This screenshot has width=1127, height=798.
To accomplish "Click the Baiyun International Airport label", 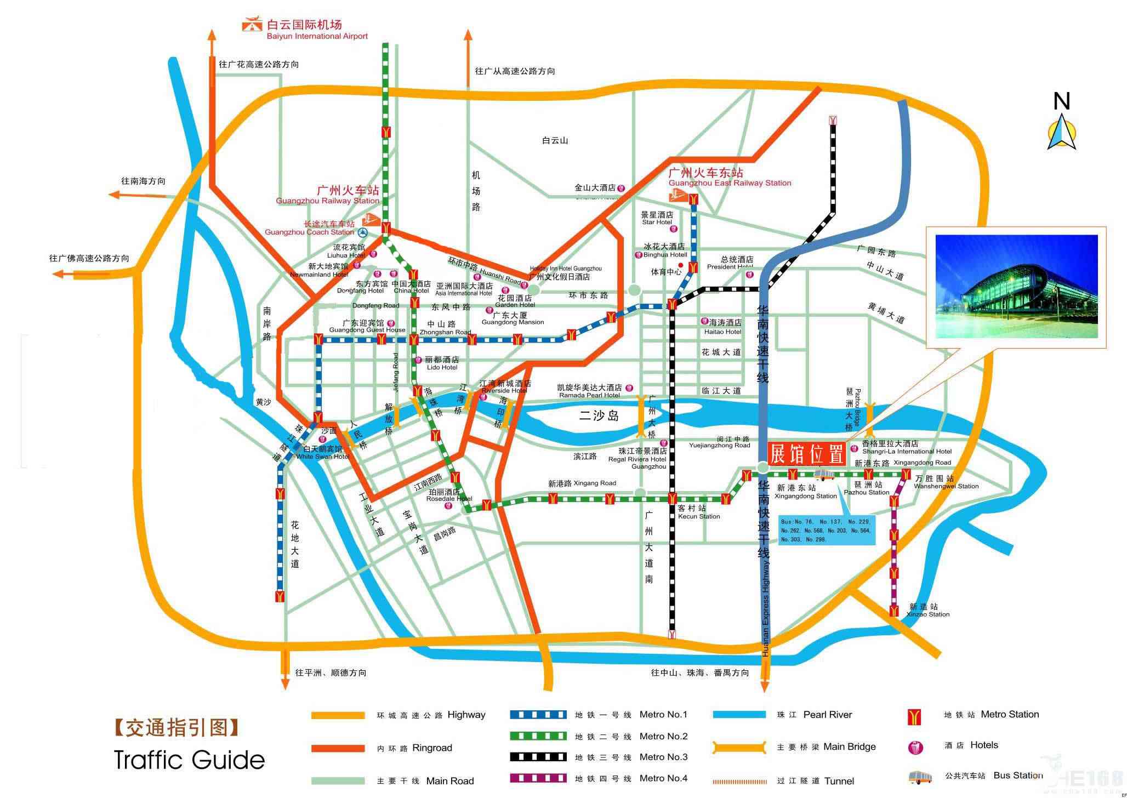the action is click(316, 30).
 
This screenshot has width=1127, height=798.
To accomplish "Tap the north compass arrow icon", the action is click(1061, 132).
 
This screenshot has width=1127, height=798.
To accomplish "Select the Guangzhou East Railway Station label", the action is click(729, 178).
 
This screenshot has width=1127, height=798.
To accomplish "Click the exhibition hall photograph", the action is click(1016, 287).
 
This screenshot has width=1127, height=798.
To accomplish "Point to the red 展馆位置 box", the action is click(807, 454).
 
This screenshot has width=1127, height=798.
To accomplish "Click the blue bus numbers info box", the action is click(826, 531).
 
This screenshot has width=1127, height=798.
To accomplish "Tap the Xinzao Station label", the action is click(928, 610).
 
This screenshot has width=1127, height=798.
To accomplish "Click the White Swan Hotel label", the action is click(323, 453).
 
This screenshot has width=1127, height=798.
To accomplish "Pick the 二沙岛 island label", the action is click(599, 416).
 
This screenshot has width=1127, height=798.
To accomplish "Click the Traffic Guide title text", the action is click(189, 760).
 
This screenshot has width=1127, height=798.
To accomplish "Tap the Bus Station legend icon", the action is click(920, 777).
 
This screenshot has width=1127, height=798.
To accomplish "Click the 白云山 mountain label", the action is click(555, 141).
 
